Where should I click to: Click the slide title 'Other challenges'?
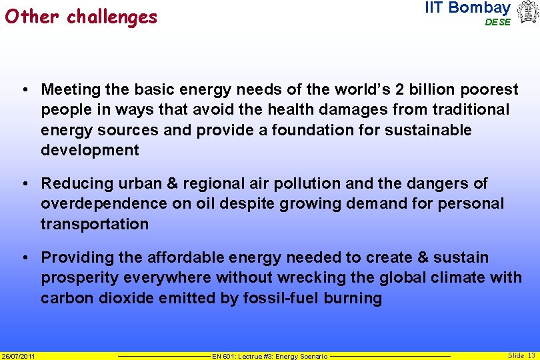[81, 16]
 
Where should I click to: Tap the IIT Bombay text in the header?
[467, 8]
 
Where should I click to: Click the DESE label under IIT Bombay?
[497, 22]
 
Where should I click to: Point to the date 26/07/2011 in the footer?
[18, 356]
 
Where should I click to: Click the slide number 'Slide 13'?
[521, 355]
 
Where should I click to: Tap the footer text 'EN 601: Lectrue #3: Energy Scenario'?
[269, 357]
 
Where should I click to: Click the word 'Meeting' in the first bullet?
[69, 89]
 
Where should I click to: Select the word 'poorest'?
[491, 89]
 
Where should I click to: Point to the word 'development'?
[90, 150]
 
